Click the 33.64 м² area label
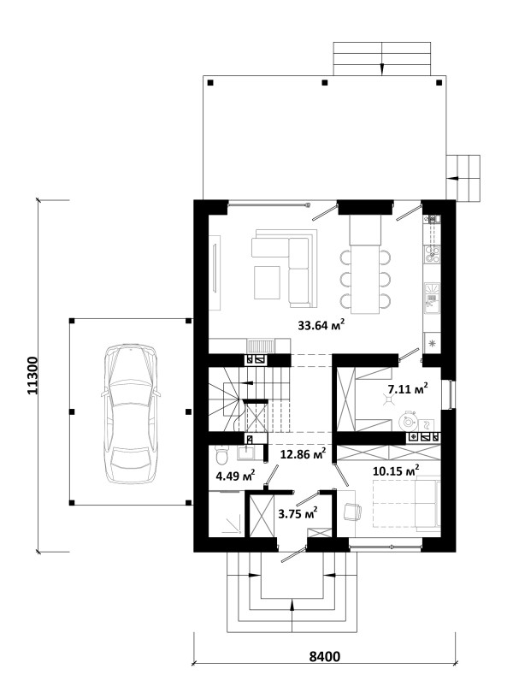(x=321, y=324)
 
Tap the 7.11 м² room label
(x=408, y=389)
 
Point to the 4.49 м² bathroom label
(x=235, y=476)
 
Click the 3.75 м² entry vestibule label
(x=298, y=513)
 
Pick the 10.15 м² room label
(x=396, y=470)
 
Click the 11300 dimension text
(x=34, y=376)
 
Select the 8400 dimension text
(x=324, y=657)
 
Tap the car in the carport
(x=130, y=413)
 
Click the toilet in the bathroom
(x=221, y=454)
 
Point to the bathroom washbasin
(x=246, y=453)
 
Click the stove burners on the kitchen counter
(x=432, y=254)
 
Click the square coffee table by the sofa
(x=267, y=282)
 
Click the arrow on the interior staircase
(x=246, y=382)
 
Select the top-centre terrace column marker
(x=325, y=82)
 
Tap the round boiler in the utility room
(x=407, y=420)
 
